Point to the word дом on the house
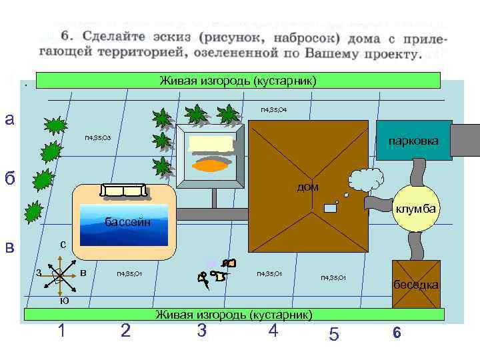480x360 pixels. [307, 187]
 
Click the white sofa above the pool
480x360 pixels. [123, 191]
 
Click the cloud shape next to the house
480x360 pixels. [365, 180]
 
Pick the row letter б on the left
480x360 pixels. [9, 179]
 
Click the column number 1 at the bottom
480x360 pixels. [61, 330]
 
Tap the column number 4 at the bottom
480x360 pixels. [272, 330]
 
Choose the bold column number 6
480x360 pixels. [396, 333]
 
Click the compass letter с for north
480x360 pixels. [62, 245]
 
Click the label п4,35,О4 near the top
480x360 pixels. [273, 109]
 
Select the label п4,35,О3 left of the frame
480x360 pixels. [98, 138]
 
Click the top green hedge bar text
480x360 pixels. [238, 81]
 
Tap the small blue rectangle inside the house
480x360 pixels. [331, 208]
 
